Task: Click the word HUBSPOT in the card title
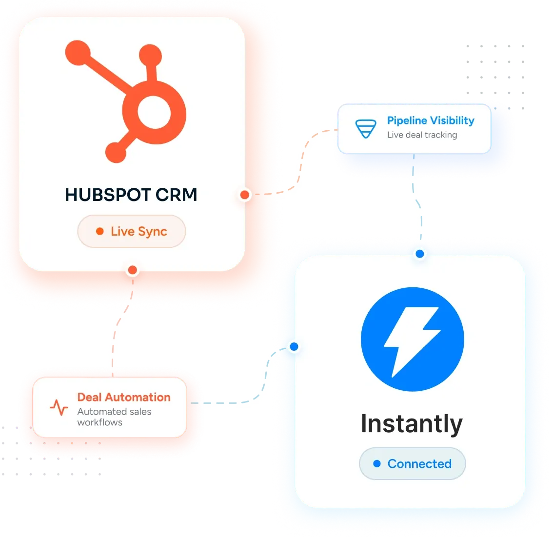(x=108, y=195)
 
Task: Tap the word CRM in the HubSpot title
(x=176, y=195)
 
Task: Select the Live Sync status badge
(x=132, y=231)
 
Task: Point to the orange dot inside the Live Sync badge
(x=100, y=231)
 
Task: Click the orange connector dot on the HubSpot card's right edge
(x=245, y=195)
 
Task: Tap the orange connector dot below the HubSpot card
(x=133, y=270)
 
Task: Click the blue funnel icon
(x=366, y=129)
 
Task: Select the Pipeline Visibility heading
(x=431, y=120)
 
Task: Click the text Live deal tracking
(x=422, y=135)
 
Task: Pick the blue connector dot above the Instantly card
(x=420, y=254)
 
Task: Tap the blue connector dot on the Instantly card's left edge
(x=294, y=347)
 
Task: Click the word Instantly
(x=412, y=424)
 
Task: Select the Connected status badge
(x=412, y=464)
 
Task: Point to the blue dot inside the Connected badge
(x=377, y=464)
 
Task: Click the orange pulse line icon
(x=59, y=407)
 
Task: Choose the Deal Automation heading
(x=124, y=398)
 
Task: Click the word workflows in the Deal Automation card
(x=100, y=422)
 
